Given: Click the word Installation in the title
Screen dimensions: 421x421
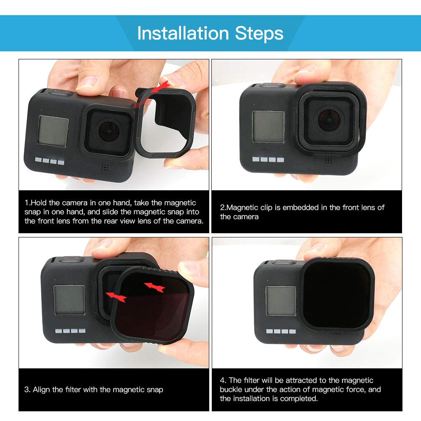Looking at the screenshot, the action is pos(183,33).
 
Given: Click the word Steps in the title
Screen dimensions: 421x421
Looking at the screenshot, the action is pos(259,34).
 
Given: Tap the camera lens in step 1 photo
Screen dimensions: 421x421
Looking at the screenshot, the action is pos(109,131).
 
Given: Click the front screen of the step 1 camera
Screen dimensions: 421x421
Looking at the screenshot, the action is pos(53,131).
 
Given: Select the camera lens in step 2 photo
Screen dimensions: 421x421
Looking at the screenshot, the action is pos(329,120).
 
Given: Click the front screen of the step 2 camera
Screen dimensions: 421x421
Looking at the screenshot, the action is pos(268,126).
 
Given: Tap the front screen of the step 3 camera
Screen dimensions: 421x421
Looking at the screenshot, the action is pos(69,300).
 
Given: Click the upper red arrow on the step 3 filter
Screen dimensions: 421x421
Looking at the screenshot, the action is pos(155,287).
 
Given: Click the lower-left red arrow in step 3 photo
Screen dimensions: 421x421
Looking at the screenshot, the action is pos(116,297).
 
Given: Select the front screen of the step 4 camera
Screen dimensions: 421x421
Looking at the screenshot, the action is pos(281,301).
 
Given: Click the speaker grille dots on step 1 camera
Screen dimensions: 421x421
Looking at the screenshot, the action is pos(105,167).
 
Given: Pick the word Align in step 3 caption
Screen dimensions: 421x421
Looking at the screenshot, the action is pos(42,389).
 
